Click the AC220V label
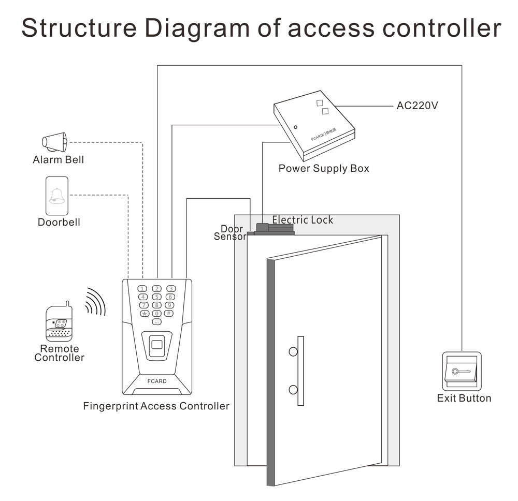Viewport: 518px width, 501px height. point(418,106)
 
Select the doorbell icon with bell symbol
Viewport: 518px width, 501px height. point(56,196)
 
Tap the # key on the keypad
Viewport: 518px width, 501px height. point(168,313)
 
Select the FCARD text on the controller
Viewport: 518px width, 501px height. point(157,381)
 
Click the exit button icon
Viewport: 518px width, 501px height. point(462,372)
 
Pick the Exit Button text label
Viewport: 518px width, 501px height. point(464,398)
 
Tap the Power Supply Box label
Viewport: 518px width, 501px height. point(324,168)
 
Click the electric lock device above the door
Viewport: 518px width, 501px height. point(275,228)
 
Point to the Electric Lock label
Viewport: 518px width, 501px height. point(303,220)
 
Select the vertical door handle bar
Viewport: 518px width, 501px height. point(300,371)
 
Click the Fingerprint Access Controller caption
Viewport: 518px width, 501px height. point(156,406)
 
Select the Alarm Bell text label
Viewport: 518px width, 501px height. point(58,159)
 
